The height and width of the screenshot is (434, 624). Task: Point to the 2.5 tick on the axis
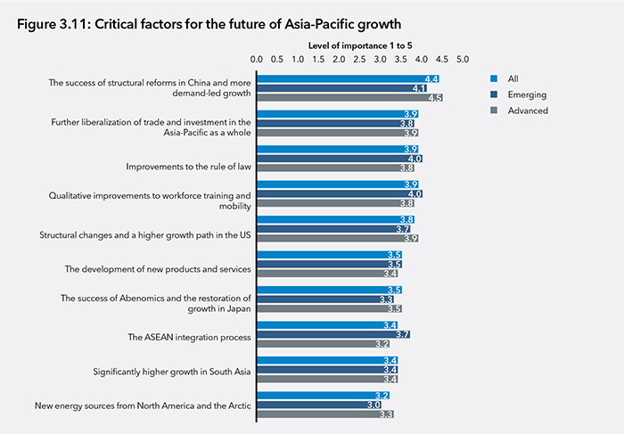click(359, 60)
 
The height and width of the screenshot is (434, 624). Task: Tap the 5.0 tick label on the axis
click(463, 60)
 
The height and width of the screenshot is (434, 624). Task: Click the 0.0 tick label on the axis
click(257, 60)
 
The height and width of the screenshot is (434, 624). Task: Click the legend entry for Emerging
click(525, 94)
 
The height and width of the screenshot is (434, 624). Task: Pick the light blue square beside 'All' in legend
click(494, 78)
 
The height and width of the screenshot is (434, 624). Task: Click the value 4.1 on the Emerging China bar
click(418, 89)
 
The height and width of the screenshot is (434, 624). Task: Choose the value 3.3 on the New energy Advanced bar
click(386, 414)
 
